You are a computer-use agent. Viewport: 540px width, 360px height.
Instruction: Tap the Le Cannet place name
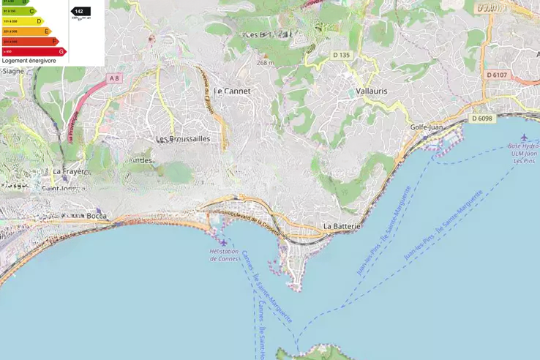[234, 91]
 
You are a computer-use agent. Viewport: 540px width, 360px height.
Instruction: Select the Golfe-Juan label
[427, 127]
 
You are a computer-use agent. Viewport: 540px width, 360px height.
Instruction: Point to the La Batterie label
[342, 227]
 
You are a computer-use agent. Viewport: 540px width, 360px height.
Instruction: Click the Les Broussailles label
[183, 138]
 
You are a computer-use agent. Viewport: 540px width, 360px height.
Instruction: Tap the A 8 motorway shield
[113, 78]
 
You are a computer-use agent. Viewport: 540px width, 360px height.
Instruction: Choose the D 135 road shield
[341, 55]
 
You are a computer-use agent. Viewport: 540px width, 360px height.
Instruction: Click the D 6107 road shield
[497, 75]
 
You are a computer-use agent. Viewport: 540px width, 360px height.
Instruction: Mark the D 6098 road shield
[482, 119]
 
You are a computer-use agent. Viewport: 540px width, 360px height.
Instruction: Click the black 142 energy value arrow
[80, 12]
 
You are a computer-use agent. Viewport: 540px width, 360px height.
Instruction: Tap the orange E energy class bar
[27, 31]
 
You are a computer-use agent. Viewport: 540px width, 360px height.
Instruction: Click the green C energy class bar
[19, 11]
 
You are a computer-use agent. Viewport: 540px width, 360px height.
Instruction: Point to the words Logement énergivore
[29, 61]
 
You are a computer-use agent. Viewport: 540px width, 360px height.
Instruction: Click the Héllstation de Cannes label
[225, 255]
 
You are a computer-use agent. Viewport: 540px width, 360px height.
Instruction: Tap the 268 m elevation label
[265, 63]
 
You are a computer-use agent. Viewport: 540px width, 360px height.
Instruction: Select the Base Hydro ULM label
[523, 150]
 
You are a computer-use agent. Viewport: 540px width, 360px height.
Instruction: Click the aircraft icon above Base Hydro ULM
[524, 137]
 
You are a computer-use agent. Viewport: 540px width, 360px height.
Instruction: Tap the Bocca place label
[96, 216]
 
